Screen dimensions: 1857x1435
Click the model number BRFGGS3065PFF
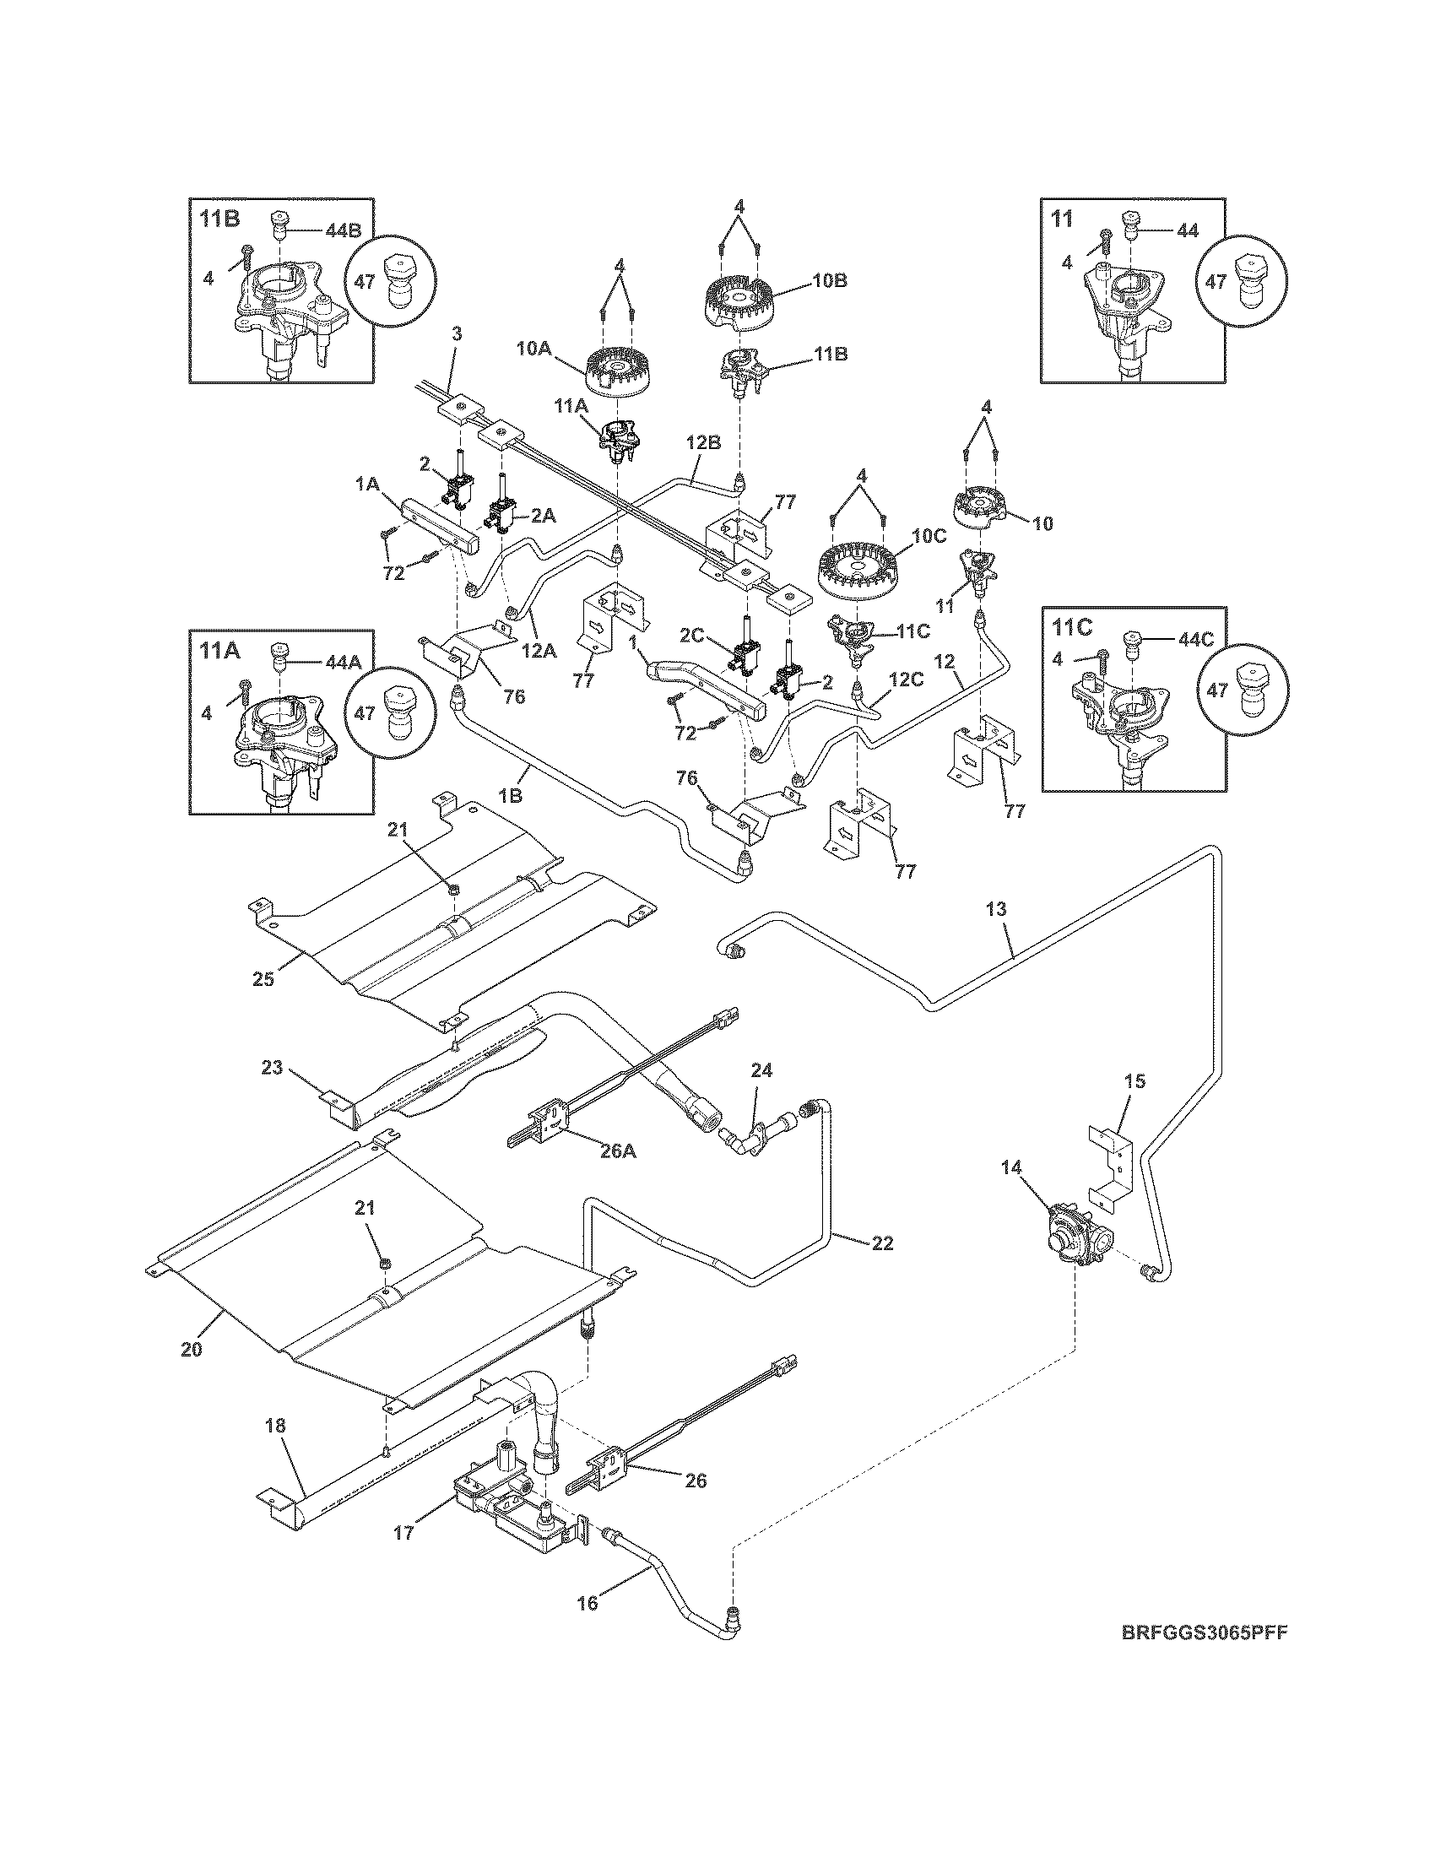point(1199,1656)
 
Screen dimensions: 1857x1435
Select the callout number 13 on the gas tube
point(996,909)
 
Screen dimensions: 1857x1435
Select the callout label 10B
point(829,279)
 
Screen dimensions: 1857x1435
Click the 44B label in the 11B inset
point(343,230)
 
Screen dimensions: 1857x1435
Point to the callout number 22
point(882,1243)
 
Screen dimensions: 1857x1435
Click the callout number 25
point(263,978)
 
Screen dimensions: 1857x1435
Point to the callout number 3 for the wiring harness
point(457,334)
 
